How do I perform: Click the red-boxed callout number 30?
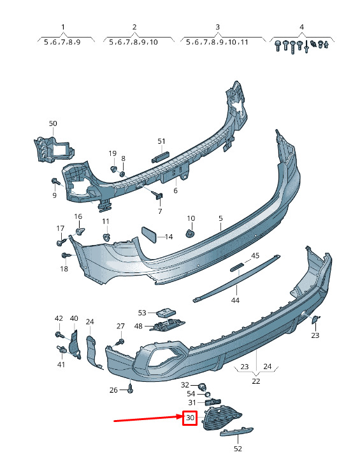190,418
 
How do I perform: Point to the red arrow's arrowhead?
180,416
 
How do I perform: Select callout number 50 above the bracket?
53,123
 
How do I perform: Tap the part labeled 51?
160,157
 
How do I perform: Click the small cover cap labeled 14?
149,235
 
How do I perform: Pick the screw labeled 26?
131,390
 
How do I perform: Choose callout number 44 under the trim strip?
235,300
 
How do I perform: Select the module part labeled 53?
166,312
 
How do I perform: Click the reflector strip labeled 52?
237,431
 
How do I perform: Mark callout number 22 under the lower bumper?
256,381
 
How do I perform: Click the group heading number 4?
301,27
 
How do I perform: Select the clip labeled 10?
189,234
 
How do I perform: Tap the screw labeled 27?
120,342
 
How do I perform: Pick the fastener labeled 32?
203,386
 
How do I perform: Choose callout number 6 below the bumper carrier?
175,190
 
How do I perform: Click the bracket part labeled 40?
74,345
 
